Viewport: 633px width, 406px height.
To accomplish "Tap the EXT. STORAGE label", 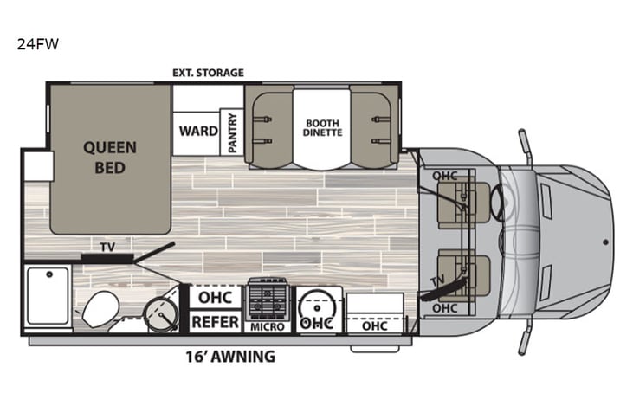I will point(209,73).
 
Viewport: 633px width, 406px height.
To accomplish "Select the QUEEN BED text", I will point(110,157).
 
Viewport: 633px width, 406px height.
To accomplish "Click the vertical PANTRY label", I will point(232,132).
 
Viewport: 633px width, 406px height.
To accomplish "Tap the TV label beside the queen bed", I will point(107,248).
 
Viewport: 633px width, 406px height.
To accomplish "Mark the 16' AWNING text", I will point(230,356).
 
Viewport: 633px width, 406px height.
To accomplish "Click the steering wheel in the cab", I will point(500,203).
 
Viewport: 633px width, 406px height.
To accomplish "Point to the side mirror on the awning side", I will point(525,341).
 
